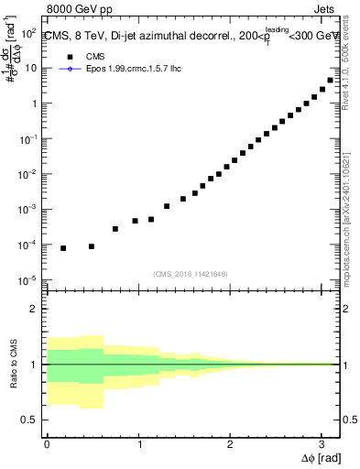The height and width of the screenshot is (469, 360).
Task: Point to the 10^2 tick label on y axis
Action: (28, 33)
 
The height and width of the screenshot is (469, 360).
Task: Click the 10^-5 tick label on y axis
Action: (28, 280)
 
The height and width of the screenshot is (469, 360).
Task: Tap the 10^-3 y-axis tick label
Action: (28, 210)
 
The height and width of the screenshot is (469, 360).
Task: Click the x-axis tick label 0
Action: (47, 444)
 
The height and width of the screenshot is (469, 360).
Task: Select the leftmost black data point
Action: (63, 248)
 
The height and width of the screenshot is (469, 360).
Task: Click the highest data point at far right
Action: (331, 81)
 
